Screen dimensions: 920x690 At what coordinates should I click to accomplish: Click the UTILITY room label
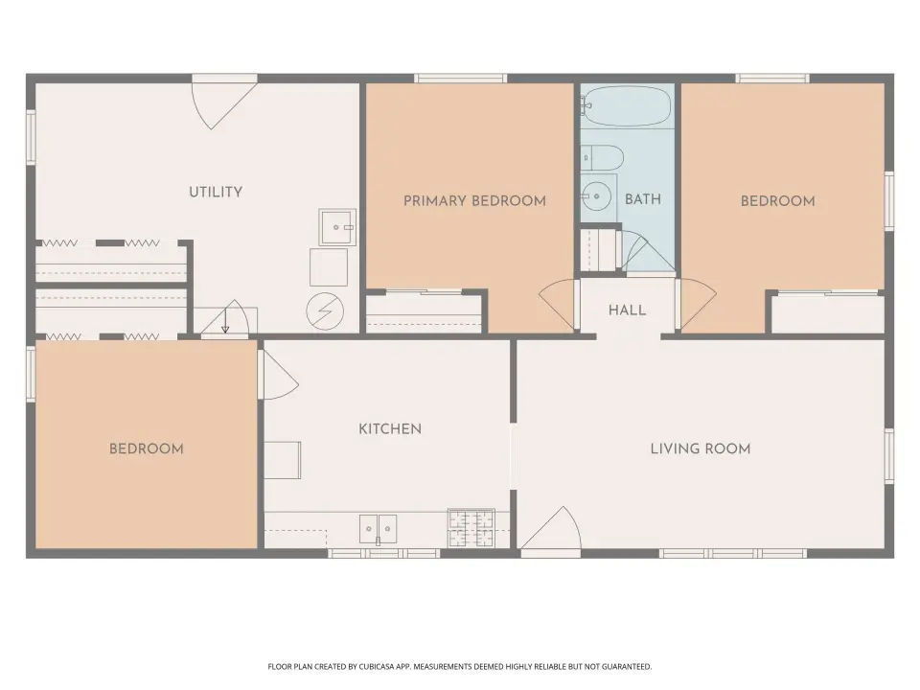coord(216,192)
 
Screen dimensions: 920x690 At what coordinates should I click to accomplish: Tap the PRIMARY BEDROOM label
coord(474,200)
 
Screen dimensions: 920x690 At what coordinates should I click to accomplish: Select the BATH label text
coord(643,199)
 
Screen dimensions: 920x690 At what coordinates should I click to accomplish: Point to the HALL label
coord(627,310)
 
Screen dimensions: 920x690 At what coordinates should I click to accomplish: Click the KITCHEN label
coord(390,429)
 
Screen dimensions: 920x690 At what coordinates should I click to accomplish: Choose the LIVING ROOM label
coord(701,448)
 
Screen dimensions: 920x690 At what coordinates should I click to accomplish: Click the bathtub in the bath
coord(627,106)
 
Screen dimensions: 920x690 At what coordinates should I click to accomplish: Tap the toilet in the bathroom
coord(602,158)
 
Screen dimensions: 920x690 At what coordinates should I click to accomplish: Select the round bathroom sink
coord(597,196)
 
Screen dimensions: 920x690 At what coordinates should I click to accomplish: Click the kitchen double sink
coord(378,529)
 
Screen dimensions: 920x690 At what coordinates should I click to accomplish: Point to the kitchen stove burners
coord(471,528)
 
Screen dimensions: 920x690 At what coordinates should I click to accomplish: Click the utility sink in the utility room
coord(337,227)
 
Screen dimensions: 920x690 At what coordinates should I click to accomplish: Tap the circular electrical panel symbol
coord(325,310)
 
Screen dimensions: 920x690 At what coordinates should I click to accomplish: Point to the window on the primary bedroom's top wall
coord(461,78)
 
